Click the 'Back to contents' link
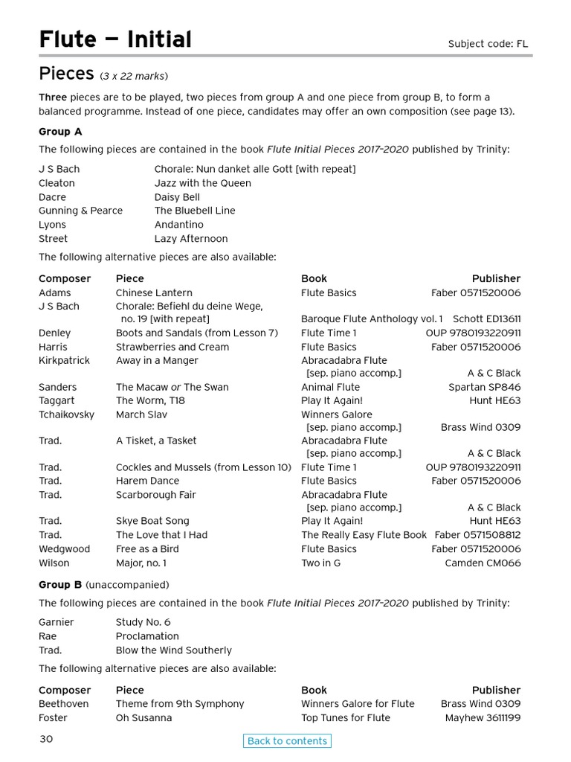[287, 740]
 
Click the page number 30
[46, 739]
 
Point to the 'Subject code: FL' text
[487, 44]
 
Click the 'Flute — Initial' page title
[115, 39]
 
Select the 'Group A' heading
[60, 132]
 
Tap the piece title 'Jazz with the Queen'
[202, 183]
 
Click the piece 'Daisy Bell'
[177, 197]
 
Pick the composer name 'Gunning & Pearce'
[80, 211]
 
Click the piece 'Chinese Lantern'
[154, 292]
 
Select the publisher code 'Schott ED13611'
[486, 318]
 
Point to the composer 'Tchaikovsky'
[66, 414]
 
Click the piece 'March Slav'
[141, 414]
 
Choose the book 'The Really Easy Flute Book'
[364, 535]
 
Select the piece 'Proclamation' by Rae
[147, 636]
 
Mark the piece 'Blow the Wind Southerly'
[173, 650]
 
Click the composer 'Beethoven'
[63, 704]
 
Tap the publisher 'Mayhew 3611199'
[483, 718]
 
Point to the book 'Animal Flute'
[330, 387]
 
